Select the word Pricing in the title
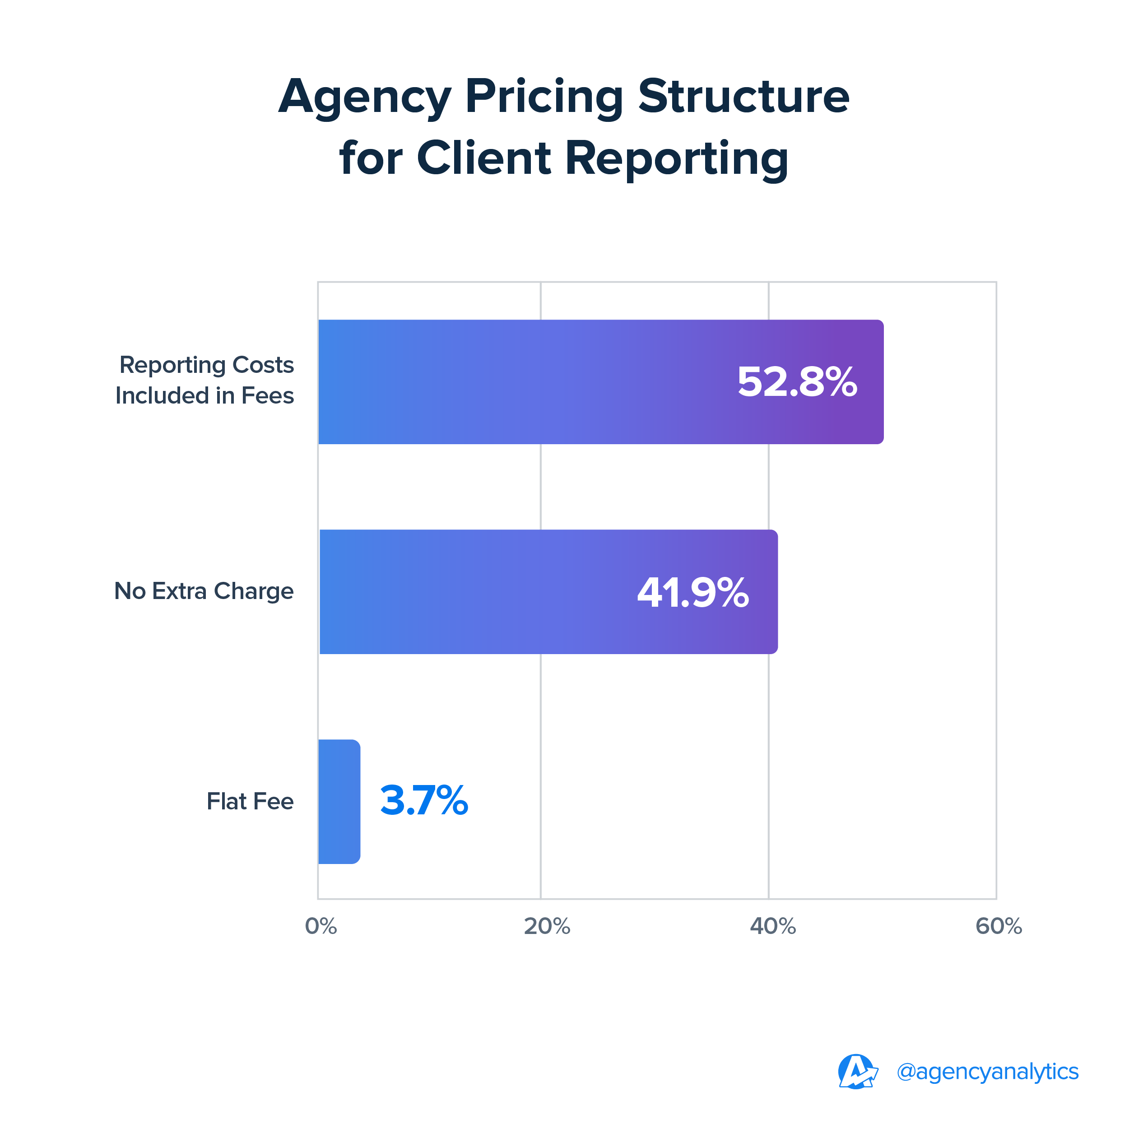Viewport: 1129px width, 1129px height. coord(544,97)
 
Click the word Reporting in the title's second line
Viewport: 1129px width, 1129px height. coord(677,159)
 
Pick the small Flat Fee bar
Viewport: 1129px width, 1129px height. coord(339,801)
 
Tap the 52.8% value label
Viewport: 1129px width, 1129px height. coord(797,382)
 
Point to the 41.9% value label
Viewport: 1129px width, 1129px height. coord(692,593)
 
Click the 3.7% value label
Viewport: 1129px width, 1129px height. coord(424,800)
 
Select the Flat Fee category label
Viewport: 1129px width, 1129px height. coord(250,801)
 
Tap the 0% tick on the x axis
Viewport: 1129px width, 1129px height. coord(321,926)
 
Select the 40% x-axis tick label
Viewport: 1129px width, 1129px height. coord(772,926)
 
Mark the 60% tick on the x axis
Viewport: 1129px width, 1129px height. coord(999,926)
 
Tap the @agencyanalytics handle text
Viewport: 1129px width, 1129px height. coord(988,1072)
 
